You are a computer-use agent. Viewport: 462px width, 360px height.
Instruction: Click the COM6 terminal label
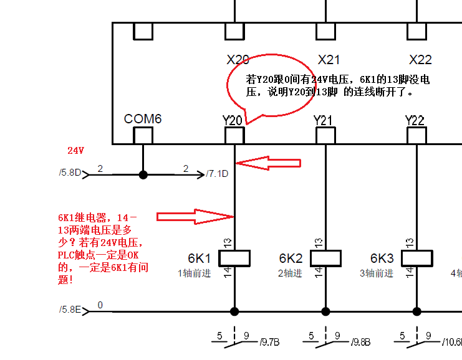143,118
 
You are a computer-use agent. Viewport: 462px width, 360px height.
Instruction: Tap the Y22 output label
415,120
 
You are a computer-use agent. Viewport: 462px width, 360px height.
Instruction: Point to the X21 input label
329,60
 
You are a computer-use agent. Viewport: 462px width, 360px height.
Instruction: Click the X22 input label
420,60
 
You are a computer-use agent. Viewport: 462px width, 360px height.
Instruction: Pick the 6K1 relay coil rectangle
234,258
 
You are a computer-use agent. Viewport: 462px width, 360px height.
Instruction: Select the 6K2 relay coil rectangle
325,258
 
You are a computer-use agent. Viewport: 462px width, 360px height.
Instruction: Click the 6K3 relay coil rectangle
416,258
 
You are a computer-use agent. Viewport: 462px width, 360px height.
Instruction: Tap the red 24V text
75,151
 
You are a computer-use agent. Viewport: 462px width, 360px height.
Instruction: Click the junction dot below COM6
143,175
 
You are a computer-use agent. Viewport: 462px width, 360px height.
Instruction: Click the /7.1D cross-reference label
217,174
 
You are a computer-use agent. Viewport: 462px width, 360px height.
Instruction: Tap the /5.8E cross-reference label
70,310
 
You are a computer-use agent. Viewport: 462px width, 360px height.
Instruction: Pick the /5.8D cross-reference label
70,173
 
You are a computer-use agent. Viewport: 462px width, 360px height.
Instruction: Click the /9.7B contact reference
270,342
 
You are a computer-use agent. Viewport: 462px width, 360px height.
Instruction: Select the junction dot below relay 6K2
325,311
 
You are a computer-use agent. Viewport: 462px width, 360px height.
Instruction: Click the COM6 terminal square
143,135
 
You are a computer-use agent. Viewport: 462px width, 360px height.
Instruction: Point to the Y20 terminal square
234,135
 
